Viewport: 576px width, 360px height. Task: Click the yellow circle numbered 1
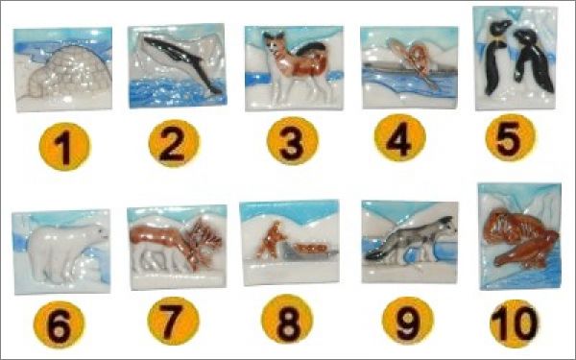(x=64, y=146)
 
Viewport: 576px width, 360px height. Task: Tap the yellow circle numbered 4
(x=399, y=137)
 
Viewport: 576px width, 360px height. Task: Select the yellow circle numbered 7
(x=173, y=321)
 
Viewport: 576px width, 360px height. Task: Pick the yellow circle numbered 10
(x=515, y=324)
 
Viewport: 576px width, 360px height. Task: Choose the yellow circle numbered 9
(x=408, y=321)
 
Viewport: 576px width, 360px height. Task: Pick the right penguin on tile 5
(x=533, y=60)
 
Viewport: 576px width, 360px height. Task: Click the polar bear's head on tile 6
(x=96, y=234)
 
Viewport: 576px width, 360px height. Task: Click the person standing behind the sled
(x=271, y=241)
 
